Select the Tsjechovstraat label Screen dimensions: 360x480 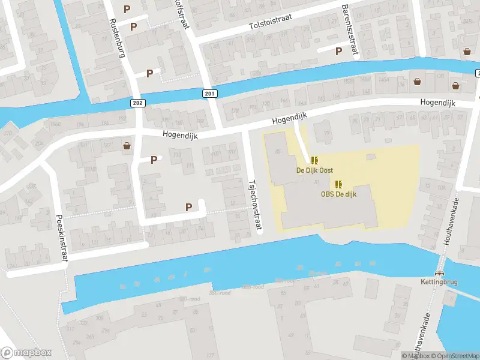tap(254, 204)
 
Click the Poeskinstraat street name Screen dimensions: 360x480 tap(62, 238)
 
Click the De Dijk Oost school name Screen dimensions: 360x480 tap(314, 170)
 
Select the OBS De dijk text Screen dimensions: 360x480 tap(338, 194)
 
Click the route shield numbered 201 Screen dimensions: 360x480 tap(209, 94)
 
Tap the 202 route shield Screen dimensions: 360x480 tap(137, 103)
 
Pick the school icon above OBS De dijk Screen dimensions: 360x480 tap(338, 184)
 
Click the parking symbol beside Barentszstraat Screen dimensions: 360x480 tap(339, 52)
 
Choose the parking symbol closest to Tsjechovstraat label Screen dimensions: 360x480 tap(189, 207)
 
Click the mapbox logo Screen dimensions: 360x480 tap(26, 352)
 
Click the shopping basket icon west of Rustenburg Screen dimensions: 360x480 tap(127, 145)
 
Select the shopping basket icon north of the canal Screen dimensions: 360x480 tap(467, 52)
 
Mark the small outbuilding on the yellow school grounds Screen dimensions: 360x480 tap(370, 157)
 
